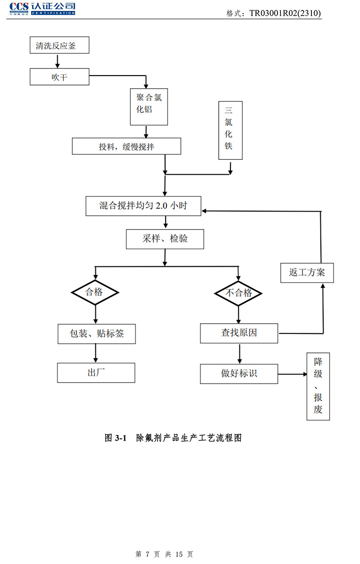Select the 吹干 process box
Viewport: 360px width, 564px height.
pyautogui.click(x=59, y=77)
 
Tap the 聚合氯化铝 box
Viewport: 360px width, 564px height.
pyautogui.click(x=149, y=106)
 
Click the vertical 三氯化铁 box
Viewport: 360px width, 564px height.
pyautogui.click(x=230, y=130)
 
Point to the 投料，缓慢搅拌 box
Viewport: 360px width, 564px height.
pyautogui.click(x=126, y=146)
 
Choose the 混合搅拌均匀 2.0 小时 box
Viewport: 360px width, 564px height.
pyautogui.click(x=143, y=206)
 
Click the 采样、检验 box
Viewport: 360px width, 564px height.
pyautogui.click(x=165, y=239)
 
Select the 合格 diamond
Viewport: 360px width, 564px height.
pyautogui.click(x=94, y=293)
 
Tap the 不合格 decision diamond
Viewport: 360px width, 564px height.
pyautogui.click(x=238, y=293)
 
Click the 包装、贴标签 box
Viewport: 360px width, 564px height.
pyautogui.click(x=96, y=334)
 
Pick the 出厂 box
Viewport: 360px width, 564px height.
pyautogui.click(x=96, y=373)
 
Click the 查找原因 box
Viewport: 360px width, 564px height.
pyautogui.click(x=239, y=334)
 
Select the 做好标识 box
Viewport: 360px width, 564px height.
pyautogui.click(x=239, y=374)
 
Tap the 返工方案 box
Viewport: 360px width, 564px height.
pyautogui.click(x=307, y=273)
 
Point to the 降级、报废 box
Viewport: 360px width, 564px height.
pyautogui.click(x=318, y=386)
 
